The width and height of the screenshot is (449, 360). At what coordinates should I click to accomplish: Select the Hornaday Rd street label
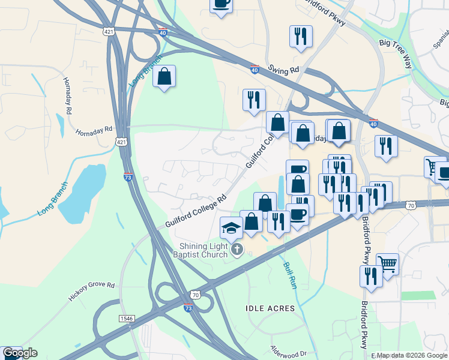(x=94, y=129)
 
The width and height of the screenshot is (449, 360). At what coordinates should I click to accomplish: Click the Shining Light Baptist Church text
(x=205, y=250)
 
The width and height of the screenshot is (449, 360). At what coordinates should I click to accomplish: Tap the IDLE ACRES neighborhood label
(x=270, y=308)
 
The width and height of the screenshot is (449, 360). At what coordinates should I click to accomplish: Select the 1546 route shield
(x=126, y=318)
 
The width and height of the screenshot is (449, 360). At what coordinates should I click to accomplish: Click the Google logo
(x=20, y=353)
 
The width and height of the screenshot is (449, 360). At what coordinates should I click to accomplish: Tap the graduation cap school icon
(x=232, y=229)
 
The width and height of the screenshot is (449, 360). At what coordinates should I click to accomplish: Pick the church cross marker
(x=237, y=249)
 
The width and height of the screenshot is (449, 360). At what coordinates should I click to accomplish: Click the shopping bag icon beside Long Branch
(x=164, y=77)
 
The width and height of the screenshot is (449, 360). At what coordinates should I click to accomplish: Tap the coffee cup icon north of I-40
(x=221, y=5)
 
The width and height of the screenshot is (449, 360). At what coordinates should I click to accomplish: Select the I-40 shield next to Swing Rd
(x=255, y=70)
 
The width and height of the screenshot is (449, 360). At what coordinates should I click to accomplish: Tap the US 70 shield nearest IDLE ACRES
(x=194, y=295)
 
